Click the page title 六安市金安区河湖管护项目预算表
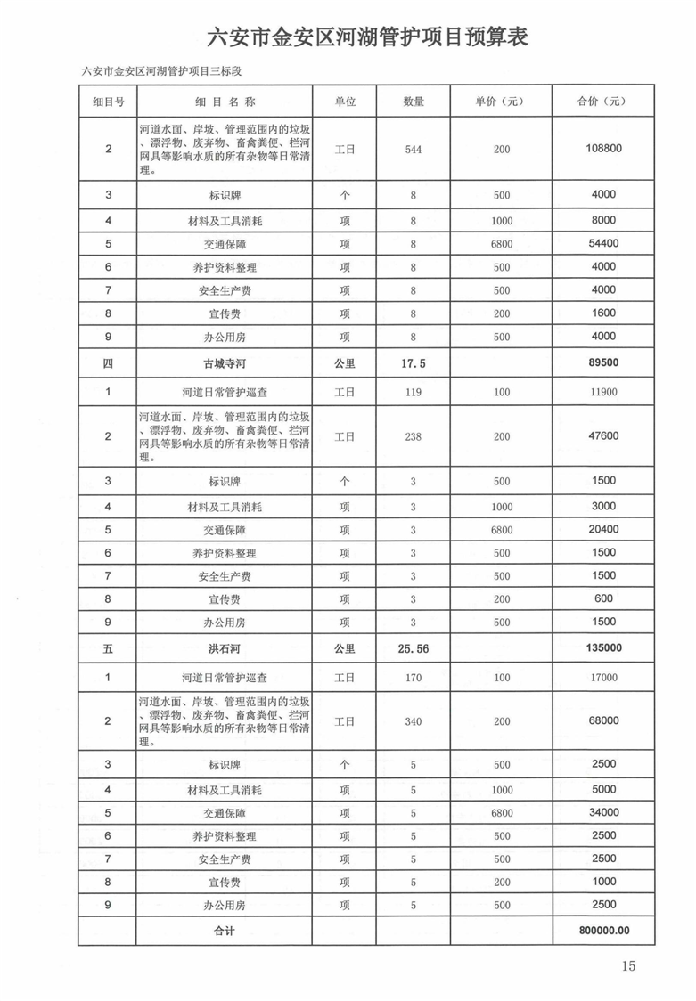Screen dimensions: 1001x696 pyautogui.click(x=367, y=37)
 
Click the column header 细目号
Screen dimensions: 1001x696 pyautogui.click(x=108, y=102)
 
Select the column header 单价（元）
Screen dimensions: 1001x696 pyautogui.click(x=500, y=102)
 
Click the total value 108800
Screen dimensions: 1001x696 pyautogui.click(x=603, y=149)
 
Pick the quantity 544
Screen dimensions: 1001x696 pyautogui.click(x=413, y=149)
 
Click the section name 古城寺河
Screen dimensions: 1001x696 pyautogui.click(x=223, y=363)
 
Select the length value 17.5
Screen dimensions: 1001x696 pyautogui.click(x=413, y=363)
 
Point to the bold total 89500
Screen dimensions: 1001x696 pyautogui.click(x=603, y=363)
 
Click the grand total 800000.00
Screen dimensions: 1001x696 pyautogui.click(x=603, y=931)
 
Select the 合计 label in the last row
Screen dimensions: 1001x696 pyautogui.click(x=223, y=931)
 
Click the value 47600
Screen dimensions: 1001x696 pyautogui.click(x=603, y=435)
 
